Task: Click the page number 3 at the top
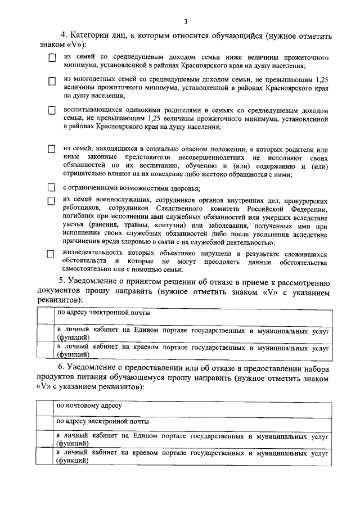point(185,22)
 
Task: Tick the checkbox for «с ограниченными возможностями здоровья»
point(51,188)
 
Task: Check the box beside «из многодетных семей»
point(51,82)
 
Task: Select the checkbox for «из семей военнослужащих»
point(51,201)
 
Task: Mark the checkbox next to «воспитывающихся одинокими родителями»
point(51,111)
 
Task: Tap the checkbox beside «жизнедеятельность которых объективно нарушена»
point(51,254)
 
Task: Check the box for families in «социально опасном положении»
point(51,150)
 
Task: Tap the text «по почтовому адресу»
point(89,405)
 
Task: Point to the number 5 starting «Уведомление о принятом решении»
point(62,282)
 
